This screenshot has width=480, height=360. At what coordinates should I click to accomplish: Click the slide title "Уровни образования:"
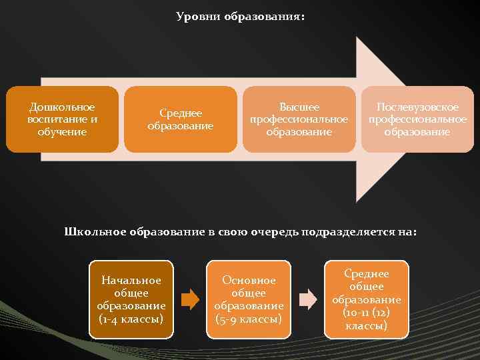(x=240, y=15)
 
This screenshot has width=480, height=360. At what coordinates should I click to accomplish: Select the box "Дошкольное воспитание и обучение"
(x=62, y=119)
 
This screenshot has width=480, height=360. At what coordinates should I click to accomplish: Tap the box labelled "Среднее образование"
(x=180, y=119)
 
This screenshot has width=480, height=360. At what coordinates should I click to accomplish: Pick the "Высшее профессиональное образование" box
(x=298, y=119)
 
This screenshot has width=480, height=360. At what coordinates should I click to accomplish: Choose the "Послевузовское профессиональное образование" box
(x=417, y=119)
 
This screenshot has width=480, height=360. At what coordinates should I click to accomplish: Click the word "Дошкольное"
(x=62, y=107)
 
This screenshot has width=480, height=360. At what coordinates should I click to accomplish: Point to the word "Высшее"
(x=299, y=107)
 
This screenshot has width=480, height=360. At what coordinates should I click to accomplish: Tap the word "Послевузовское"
(x=417, y=107)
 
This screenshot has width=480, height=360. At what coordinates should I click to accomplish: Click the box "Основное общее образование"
(x=249, y=299)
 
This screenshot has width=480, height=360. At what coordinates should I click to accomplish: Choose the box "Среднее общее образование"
(x=366, y=299)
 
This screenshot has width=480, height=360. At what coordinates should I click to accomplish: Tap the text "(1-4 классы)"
(x=131, y=319)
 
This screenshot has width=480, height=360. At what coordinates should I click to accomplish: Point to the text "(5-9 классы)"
(x=249, y=319)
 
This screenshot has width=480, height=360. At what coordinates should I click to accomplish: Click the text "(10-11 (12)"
(x=366, y=313)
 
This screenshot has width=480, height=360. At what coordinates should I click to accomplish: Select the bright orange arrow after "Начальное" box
(x=190, y=299)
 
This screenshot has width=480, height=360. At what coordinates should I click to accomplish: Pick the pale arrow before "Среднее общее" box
(x=307, y=299)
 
